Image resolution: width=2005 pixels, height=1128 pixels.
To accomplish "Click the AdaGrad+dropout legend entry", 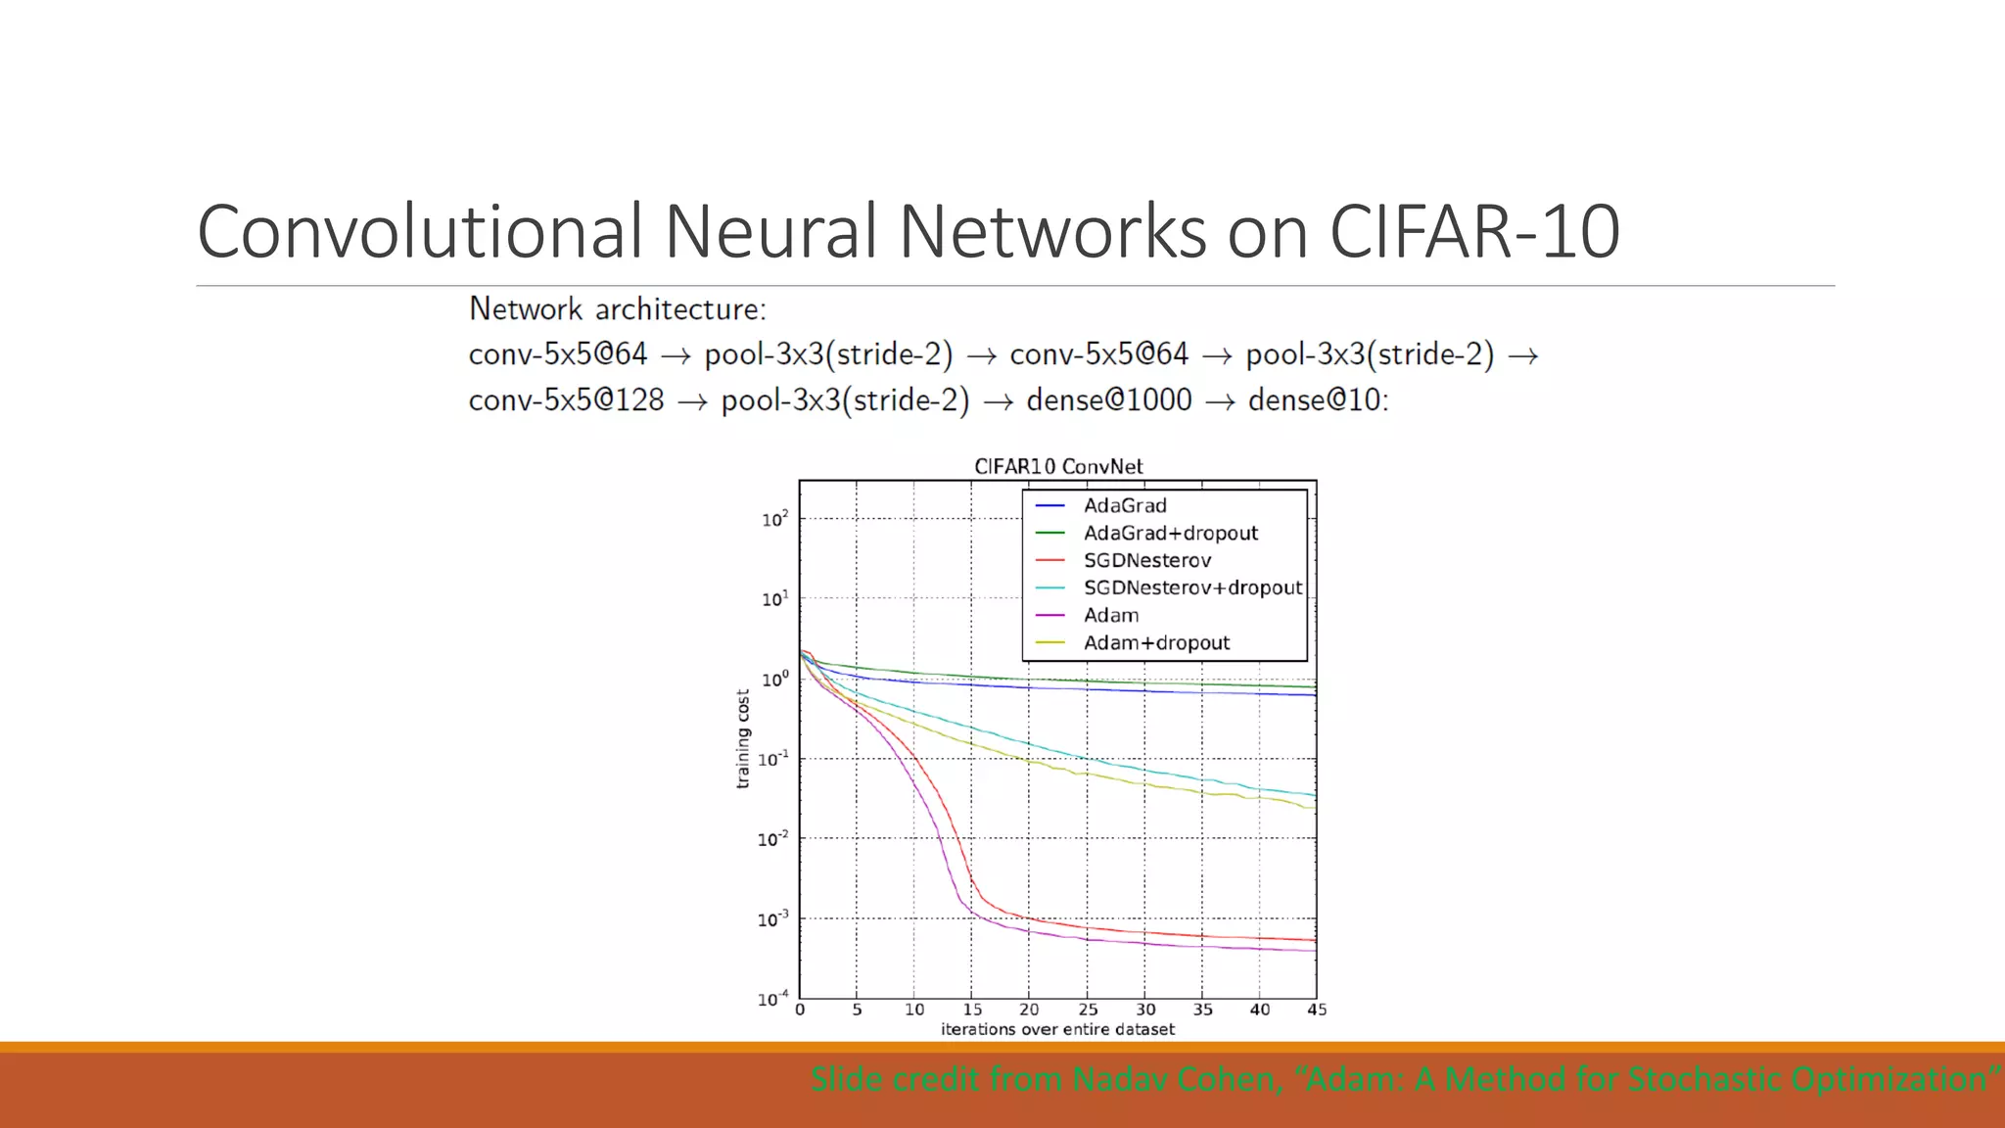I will [1170, 534].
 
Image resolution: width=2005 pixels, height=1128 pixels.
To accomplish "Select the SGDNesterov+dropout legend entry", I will [1192, 588].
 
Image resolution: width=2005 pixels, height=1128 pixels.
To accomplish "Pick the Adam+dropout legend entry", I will [1156, 643].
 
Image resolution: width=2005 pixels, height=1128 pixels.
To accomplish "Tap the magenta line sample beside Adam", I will [1049, 616].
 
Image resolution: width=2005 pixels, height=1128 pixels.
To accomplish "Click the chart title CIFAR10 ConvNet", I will [1058, 467].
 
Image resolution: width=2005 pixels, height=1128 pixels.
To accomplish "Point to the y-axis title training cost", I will [743, 738].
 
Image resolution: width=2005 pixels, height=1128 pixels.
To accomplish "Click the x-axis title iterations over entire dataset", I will [1057, 1030].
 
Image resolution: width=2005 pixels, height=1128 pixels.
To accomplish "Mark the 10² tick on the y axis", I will [774, 519].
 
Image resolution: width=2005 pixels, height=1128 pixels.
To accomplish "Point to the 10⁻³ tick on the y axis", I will [772, 919].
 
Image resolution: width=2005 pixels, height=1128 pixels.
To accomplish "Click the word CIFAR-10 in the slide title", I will [1473, 232].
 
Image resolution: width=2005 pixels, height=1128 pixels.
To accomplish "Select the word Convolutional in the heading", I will [420, 232].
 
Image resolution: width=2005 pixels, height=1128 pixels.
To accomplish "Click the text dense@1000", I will [1109, 400].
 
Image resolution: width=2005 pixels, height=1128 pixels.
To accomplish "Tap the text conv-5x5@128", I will [566, 400].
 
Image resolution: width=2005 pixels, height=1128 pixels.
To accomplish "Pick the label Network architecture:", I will [618, 309].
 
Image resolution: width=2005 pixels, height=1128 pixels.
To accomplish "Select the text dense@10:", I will [1318, 400].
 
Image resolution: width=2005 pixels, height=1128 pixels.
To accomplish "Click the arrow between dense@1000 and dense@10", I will [1220, 402].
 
